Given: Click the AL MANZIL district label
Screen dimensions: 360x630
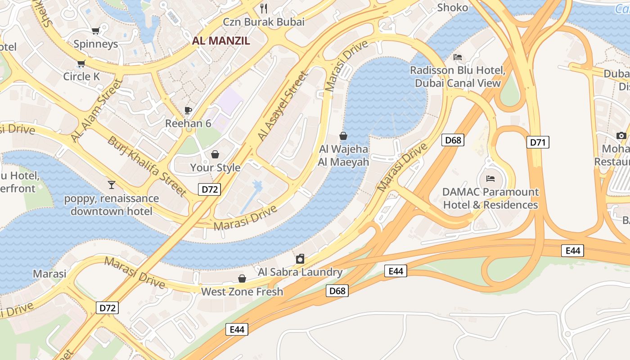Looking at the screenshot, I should tap(221, 40).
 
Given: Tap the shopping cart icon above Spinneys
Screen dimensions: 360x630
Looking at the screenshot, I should tap(95, 31).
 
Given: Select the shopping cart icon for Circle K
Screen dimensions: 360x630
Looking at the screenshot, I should tap(81, 63).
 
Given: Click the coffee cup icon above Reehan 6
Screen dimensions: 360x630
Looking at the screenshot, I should tap(188, 110).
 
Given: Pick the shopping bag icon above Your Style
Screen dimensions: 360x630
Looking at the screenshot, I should tap(215, 154).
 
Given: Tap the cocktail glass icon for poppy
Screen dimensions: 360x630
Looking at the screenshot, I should tap(111, 184).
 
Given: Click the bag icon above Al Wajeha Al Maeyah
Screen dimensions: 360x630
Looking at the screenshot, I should tap(343, 135).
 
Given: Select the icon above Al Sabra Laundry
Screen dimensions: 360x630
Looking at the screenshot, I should tap(300, 259).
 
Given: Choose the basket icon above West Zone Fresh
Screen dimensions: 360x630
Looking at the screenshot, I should tap(242, 279).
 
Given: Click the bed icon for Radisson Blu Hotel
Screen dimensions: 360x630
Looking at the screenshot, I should tap(458, 57).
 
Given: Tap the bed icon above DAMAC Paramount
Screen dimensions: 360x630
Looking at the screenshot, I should tap(490, 179).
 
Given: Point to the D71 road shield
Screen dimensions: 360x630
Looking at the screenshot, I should tap(538, 143).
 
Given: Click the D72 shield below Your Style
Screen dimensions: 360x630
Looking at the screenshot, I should tap(209, 189).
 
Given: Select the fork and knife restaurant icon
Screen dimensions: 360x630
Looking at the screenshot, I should tap(264, 8).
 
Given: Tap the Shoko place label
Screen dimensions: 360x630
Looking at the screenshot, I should tap(452, 8).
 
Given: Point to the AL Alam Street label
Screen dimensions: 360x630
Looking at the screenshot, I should tap(96, 110).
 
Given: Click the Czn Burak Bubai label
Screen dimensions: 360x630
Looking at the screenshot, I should tap(264, 22).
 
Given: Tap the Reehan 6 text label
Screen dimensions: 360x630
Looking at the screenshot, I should tap(188, 123).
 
